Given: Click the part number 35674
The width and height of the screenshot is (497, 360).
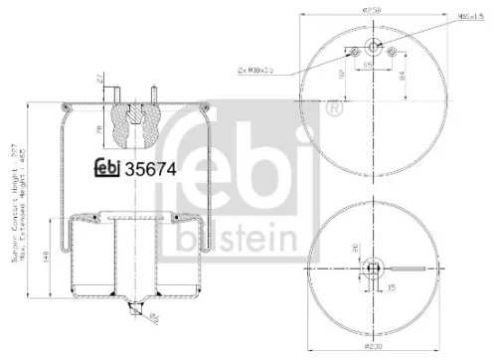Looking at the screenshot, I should [149, 169].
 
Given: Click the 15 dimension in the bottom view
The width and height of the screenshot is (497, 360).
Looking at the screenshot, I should [392, 286].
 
